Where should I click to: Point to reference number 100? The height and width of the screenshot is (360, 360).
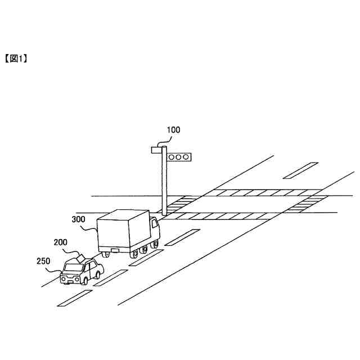(173, 130)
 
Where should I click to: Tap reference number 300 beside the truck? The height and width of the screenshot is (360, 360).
(79, 219)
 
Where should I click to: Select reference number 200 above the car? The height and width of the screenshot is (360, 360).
(61, 242)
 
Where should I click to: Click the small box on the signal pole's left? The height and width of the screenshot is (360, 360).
(156, 150)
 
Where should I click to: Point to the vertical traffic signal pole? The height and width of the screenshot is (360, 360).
(164, 186)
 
